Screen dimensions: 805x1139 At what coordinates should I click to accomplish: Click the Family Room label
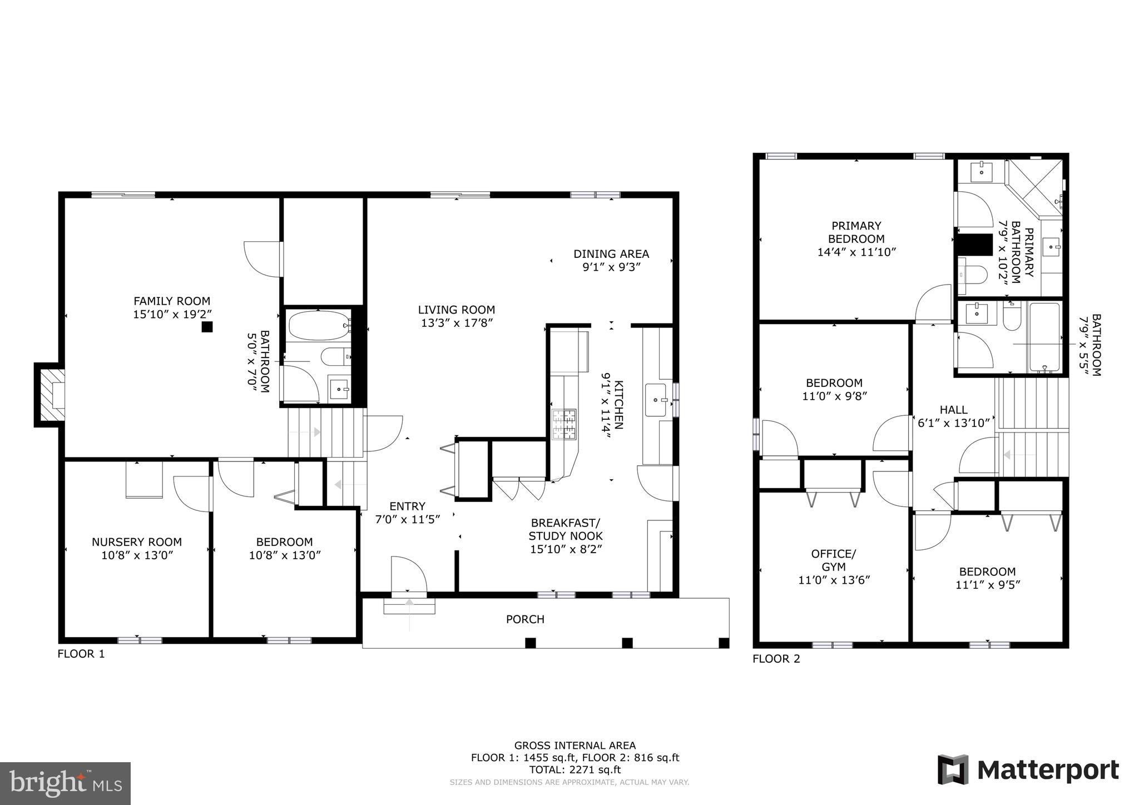coord(172,301)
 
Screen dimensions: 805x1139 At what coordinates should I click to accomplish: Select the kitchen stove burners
coord(563,425)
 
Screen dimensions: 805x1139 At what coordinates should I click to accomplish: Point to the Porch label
coord(525,619)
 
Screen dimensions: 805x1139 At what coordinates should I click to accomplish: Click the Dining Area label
coord(611,254)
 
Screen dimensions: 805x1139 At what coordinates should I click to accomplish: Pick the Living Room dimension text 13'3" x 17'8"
coord(457,323)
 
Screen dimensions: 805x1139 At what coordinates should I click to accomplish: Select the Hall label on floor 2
coord(953,410)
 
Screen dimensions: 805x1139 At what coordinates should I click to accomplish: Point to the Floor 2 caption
coord(776,659)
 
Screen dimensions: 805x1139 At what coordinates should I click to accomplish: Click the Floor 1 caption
coord(81,654)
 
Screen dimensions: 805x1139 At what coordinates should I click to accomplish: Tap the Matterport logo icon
coord(953,769)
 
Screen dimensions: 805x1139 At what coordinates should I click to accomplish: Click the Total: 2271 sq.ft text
coord(575,770)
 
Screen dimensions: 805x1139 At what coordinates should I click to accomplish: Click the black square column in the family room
coord(207,327)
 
